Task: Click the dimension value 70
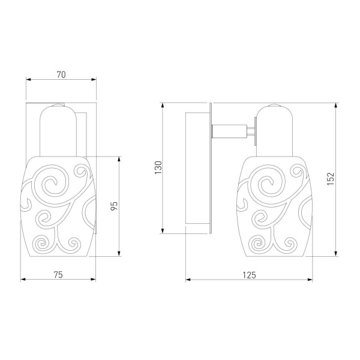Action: [x=61, y=74]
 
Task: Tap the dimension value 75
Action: [x=58, y=275]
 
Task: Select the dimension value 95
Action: [x=114, y=205]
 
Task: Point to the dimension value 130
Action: [x=158, y=167]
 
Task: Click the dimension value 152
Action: [x=331, y=179]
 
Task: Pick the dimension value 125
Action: [x=249, y=275]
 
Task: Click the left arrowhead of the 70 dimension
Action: [x=28, y=80]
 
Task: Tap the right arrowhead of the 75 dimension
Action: [x=93, y=280]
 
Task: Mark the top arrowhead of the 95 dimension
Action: [x=119, y=159]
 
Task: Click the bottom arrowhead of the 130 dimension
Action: [x=163, y=231]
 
